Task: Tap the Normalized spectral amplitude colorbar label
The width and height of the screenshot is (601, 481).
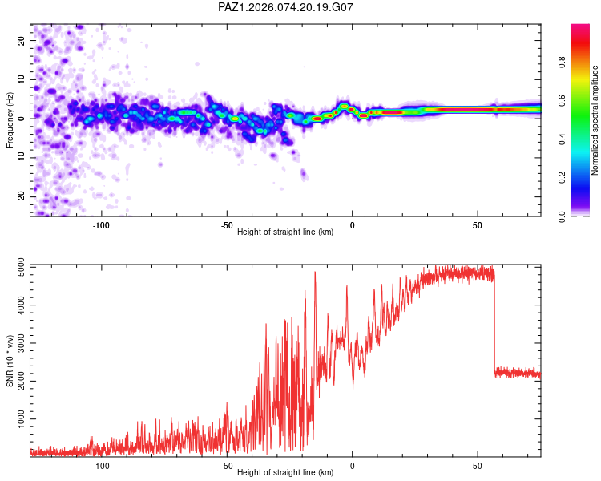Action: (595, 121)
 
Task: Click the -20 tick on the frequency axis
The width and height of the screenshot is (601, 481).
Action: (20, 196)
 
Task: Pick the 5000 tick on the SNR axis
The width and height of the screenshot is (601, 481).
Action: (17, 267)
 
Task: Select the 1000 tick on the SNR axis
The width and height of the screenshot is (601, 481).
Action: (17, 418)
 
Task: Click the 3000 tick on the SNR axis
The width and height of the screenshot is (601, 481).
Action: (17, 342)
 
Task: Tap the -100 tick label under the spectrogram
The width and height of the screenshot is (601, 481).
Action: (100, 225)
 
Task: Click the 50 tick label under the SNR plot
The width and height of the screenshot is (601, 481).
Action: (478, 465)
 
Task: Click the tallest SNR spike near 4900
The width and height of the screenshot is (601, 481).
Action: (315, 273)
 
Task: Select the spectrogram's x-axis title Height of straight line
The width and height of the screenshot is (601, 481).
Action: (285, 232)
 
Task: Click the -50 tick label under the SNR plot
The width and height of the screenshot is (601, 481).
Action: (226, 465)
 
